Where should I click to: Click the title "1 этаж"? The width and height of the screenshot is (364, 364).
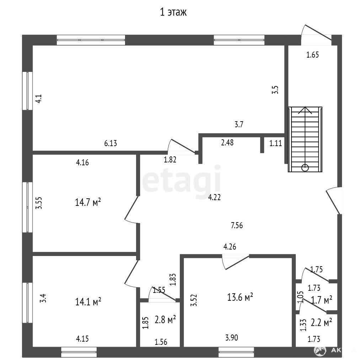pyautogui.click(x=173, y=12)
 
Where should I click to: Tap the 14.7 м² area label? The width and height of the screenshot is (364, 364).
pyautogui.click(x=88, y=202)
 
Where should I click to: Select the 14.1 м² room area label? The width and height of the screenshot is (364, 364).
pyautogui.click(x=88, y=301)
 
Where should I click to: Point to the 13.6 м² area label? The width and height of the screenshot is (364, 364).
pyautogui.click(x=240, y=297)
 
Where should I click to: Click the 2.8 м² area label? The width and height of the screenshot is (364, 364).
pyautogui.click(x=165, y=320)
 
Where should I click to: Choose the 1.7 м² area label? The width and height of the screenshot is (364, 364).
pyautogui.click(x=321, y=300)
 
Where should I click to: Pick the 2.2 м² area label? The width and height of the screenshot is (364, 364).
pyautogui.click(x=321, y=322)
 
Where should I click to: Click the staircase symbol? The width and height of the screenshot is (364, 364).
pyautogui.click(x=305, y=139)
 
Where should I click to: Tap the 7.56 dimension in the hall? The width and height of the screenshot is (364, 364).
pyautogui.click(x=237, y=225)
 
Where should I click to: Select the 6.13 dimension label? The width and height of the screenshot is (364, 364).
pyautogui.click(x=111, y=143)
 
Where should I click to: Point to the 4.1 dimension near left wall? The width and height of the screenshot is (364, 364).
pyautogui.click(x=38, y=99)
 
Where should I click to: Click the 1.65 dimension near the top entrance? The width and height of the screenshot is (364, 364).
pyautogui.click(x=312, y=55)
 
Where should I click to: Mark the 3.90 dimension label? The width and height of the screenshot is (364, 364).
pyautogui.click(x=231, y=337)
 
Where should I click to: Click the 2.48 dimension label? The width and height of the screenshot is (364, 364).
pyautogui.click(x=227, y=142)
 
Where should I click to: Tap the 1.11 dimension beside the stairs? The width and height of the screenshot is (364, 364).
pyautogui.click(x=275, y=143)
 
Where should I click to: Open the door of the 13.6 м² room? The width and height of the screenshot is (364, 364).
pyautogui.click(x=236, y=262)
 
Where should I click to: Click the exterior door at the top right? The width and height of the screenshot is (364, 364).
pyautogui.click(x=316, y=35)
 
